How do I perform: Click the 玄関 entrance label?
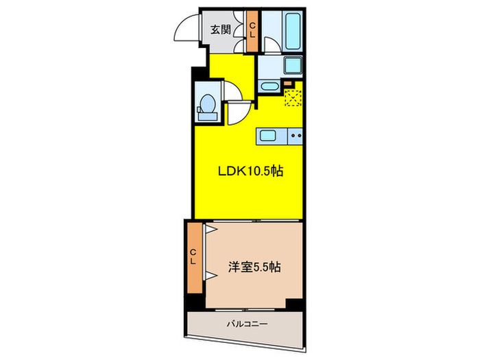point(219,29)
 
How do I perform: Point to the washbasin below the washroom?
point(268,86)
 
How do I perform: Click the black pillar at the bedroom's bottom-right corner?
point(293,304)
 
